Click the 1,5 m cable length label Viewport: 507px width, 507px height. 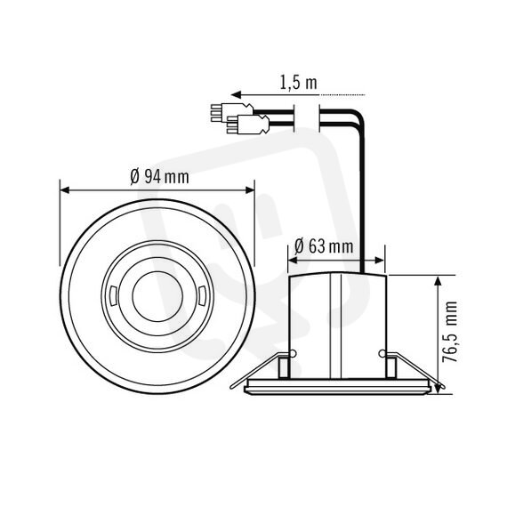point(298,83)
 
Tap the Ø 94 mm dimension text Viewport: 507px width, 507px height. point(159,177)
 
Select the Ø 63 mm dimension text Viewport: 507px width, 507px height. point(324,246)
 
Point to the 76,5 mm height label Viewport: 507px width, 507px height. point(449,332)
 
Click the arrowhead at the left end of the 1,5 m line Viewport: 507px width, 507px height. point(237,95)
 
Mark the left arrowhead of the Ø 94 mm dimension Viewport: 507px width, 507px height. point(65,189)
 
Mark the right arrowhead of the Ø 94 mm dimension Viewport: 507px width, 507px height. point(250,189)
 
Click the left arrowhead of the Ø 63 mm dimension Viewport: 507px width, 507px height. point(293,260)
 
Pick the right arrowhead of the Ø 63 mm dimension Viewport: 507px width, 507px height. point(380,260)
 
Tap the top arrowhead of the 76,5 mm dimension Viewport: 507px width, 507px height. point(438,281)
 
